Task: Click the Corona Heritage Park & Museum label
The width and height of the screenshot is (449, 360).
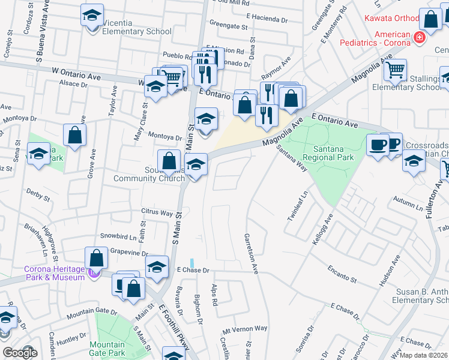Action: click(x=55, y=273)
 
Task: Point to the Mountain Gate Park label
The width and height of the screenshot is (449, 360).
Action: click(x=107, y=349)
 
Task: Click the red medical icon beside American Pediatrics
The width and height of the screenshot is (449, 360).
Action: click(x=419, y=38)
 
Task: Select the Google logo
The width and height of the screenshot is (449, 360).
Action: click(x=19, y=353)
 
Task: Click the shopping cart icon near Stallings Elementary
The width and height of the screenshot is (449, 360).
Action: click(x=395, y=70)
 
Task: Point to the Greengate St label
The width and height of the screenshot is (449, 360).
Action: click(x=229, y=27)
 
